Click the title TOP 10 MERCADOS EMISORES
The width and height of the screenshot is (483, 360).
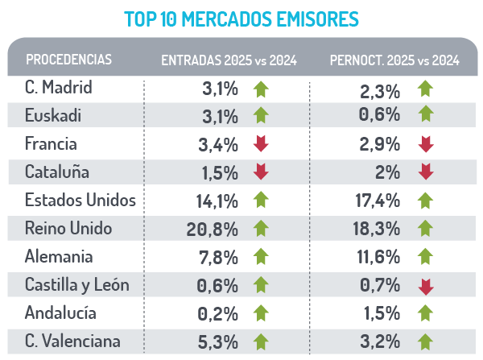coord(242,17)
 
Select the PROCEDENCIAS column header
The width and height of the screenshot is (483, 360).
coord(68,60)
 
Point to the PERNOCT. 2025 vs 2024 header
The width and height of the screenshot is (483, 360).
coord(394,60)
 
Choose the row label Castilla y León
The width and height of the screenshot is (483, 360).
coord(77,284)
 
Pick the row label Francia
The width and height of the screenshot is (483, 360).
coord(51,144)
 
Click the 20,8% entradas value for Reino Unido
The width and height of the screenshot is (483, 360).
coord(212,230)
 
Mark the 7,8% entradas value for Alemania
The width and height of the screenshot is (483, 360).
coord(218,258)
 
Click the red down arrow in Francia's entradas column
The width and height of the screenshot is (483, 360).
coord(260,144)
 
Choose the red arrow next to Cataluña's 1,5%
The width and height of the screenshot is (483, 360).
coord(260,172)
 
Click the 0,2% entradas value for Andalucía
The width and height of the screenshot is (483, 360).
coord(218,314)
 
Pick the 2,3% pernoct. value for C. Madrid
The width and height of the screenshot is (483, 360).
coord(382,89)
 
